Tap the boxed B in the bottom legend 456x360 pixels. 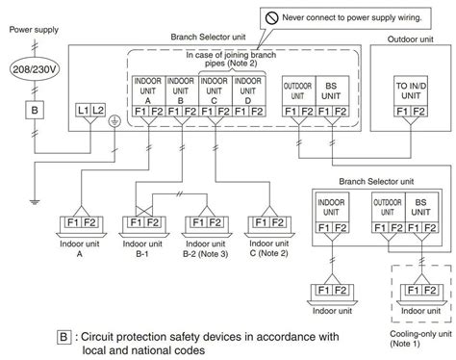tap(63, 337)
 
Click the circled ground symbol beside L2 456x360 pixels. tap(115, 121)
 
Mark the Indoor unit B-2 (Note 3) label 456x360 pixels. tap(207, 252)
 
